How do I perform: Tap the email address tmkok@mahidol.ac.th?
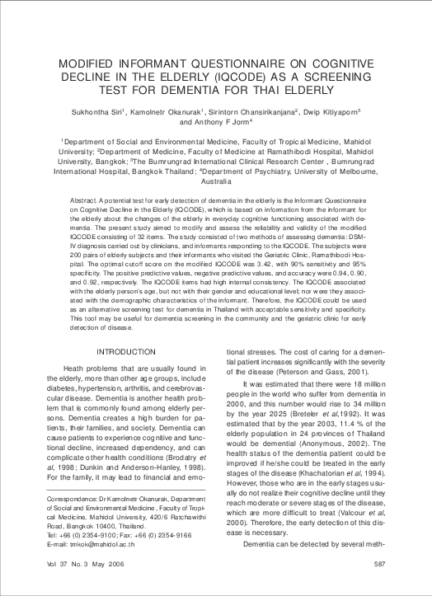(100, 544)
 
